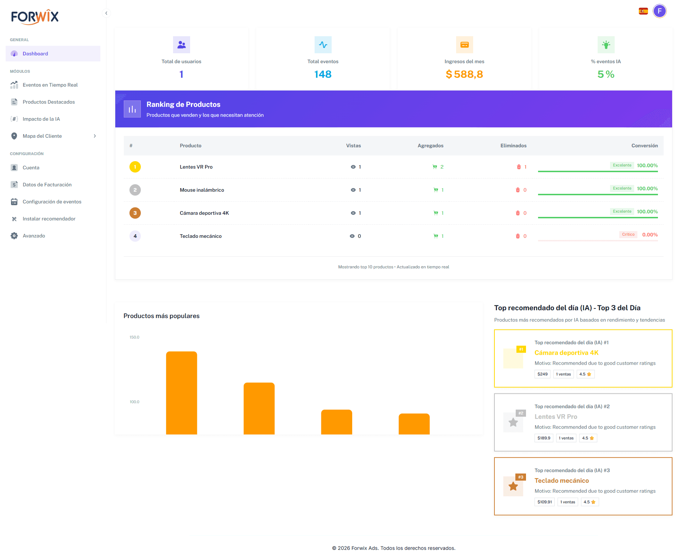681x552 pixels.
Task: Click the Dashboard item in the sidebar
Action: pos(35,54)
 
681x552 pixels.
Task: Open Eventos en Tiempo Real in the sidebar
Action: pos(50,85)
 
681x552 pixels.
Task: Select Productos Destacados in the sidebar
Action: pos(49,102)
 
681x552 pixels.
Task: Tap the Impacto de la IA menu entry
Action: pos(41,119)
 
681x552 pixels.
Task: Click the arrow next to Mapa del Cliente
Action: pos(95,136)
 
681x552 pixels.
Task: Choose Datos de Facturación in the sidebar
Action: pos(47,185)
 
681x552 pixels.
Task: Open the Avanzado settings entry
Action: pos(34,236)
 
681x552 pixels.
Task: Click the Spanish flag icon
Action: pos(643,11)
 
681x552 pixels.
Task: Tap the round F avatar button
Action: pos(659,11)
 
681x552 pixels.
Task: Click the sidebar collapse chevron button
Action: pos(106,13)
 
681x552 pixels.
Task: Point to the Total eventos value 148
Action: pos(323,74)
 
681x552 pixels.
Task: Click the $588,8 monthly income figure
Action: pos(464,74)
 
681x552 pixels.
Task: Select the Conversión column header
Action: pos(644,146)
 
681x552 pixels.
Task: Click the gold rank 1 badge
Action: pos(135,167)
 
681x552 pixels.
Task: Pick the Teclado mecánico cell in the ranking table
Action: pos(201,236)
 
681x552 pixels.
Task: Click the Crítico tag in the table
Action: pos(628,234)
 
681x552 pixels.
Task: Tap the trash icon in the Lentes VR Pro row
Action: pos(519,167)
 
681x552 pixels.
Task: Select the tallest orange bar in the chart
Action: pos(182,392)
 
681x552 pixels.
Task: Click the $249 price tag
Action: pos(542,374)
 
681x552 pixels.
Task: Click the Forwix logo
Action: pos(35,17)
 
